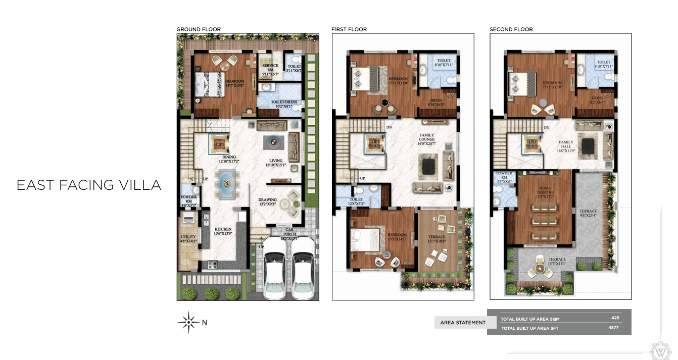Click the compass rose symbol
pyautogui.click(x=188, y=322)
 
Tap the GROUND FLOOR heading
pyautogui.click(x=199, y=29)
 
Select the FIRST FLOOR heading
pyautogui.click(x=349, y=29)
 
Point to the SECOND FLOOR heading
pyautogui.click(x=511, y=29)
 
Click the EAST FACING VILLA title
pyautogui.click(x=89, y=185)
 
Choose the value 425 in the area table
pyautogui.click(x=615, y=318)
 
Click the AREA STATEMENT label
pyautogui.click(x=463, y=323)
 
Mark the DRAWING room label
pyautogui.click(x=267, y=201)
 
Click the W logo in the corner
pyautogui.click(x=660, y=350)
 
